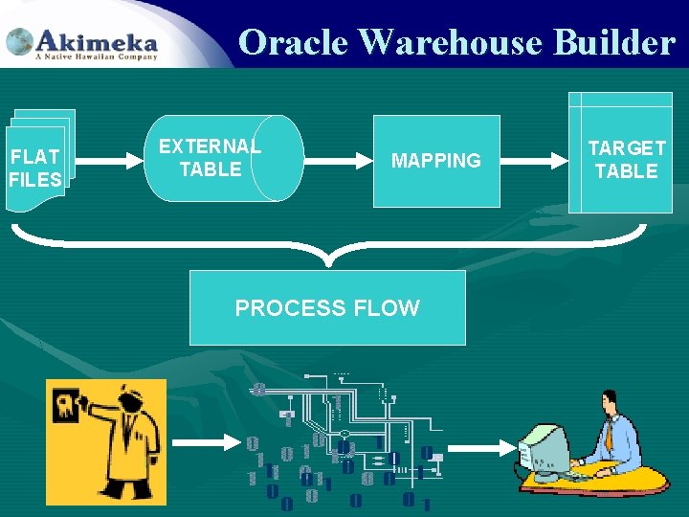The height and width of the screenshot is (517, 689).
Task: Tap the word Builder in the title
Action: click(x=613, y=42)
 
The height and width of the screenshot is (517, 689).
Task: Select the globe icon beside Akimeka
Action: click(x=19, y=42)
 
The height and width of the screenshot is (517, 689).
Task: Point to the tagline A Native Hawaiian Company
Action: click(x=96, y=57)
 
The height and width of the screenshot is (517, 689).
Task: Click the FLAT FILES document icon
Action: click(x=36, y=163)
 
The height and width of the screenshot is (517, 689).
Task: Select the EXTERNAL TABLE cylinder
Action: click(x=225, y=158)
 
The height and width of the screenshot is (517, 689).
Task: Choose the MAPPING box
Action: click(x=436, y=161)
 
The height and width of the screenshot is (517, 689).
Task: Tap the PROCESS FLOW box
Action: click(x=327, y=307)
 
